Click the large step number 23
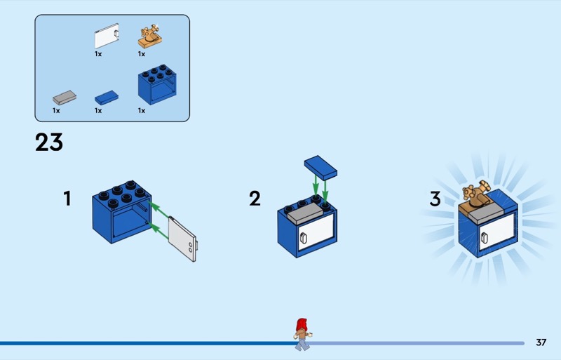49,142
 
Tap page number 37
541,342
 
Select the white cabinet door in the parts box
107,36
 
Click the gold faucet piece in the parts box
149,36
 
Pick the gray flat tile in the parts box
65,98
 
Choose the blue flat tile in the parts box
107,98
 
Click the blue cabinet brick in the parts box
157,84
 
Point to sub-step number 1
67,199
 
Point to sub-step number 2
255,199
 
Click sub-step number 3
435,199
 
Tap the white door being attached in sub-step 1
182,239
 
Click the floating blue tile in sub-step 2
320,167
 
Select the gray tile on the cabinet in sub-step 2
305,213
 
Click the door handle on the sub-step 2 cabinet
304,238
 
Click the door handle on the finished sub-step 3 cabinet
485,238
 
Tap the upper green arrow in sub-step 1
158,210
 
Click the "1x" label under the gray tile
56,111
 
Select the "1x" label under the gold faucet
142,54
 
